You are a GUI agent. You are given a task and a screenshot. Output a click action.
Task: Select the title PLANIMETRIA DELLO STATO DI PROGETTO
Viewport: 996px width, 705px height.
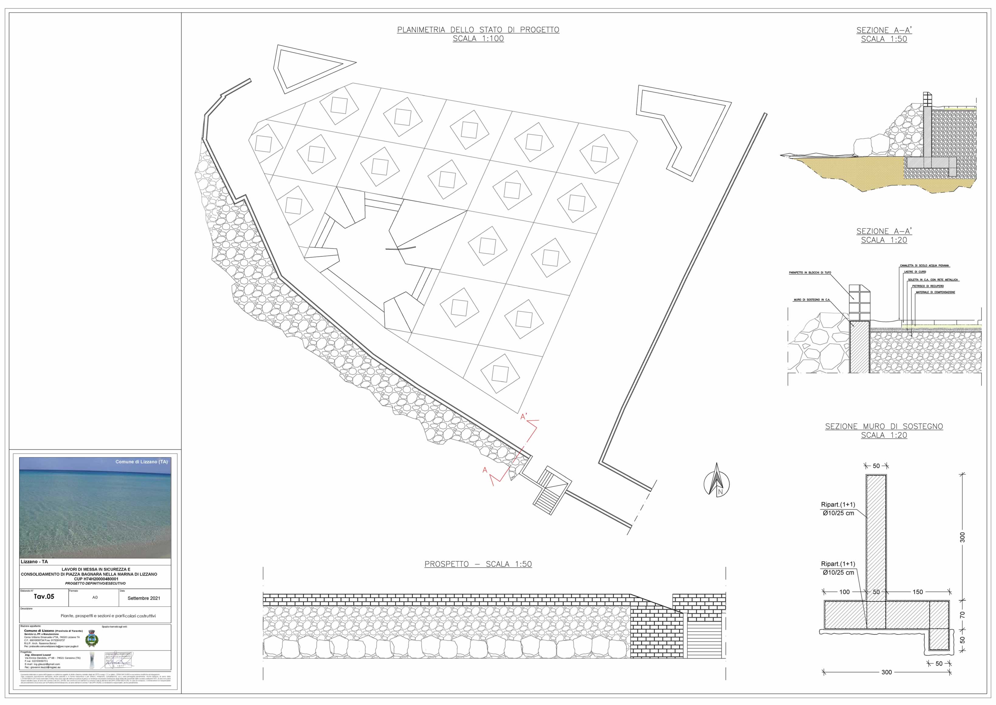pos(478,30)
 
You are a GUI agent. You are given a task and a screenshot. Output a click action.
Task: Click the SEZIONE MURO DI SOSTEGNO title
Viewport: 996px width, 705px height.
pos(884,427)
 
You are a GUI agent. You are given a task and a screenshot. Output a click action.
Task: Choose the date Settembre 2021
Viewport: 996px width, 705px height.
pos(143,598)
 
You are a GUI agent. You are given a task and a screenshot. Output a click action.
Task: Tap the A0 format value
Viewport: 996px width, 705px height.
pos(95,597)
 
